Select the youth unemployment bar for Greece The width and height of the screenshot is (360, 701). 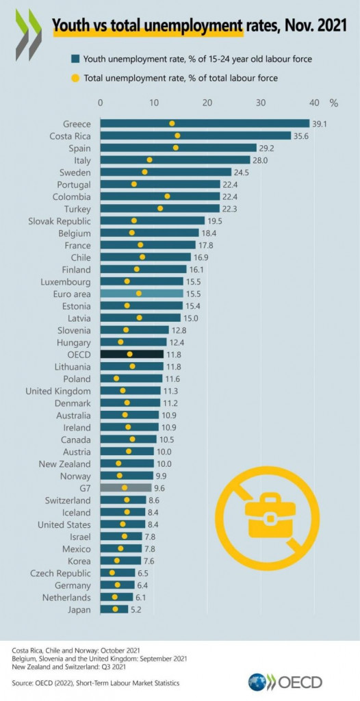[205, 123]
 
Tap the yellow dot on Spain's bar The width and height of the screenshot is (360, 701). [176, 148]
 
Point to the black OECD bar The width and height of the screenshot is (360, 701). [132, 354]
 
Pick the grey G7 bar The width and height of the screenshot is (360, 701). [126, 487]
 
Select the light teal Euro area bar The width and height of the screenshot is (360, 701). [142, 293]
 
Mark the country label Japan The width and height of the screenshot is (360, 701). [77, 609]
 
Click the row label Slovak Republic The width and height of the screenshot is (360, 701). [59, 220]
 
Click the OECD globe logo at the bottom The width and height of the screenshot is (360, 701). [258, 682]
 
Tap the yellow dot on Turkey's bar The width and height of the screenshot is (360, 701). [160, 208]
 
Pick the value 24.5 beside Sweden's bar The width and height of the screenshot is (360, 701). [244, 172]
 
